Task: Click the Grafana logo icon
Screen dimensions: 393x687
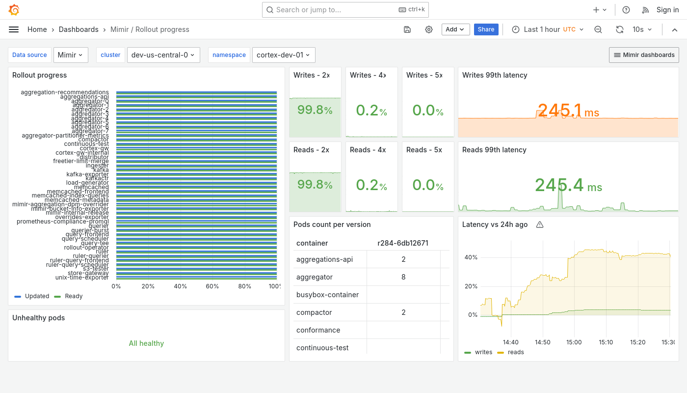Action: pos(14,10)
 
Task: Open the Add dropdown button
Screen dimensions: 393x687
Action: pos(455,29)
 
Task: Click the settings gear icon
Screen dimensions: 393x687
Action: pos(429,29)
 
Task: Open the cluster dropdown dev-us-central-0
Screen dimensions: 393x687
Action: pos(163,55)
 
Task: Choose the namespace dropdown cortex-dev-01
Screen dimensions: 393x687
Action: pos(284,55)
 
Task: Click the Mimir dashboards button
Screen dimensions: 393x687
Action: pos(644,55)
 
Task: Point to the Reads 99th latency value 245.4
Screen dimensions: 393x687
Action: pos(559,185)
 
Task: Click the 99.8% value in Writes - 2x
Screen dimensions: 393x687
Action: pos(315,110)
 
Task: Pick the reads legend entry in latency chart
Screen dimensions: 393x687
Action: pos(515,352)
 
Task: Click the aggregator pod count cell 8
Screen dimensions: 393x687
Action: pos(403,277)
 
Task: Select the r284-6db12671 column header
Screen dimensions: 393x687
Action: pos(403,243)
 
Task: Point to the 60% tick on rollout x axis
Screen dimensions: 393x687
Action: pos(212,286)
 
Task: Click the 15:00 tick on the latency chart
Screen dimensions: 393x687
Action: pos(574,342)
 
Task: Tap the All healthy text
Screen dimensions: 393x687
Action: pos(146,343)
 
